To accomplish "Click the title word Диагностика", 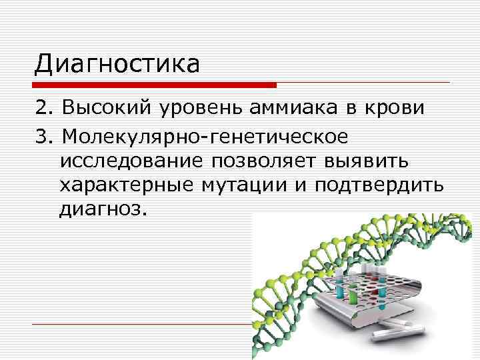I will (117, 64).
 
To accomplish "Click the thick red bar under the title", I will (155, 85).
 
